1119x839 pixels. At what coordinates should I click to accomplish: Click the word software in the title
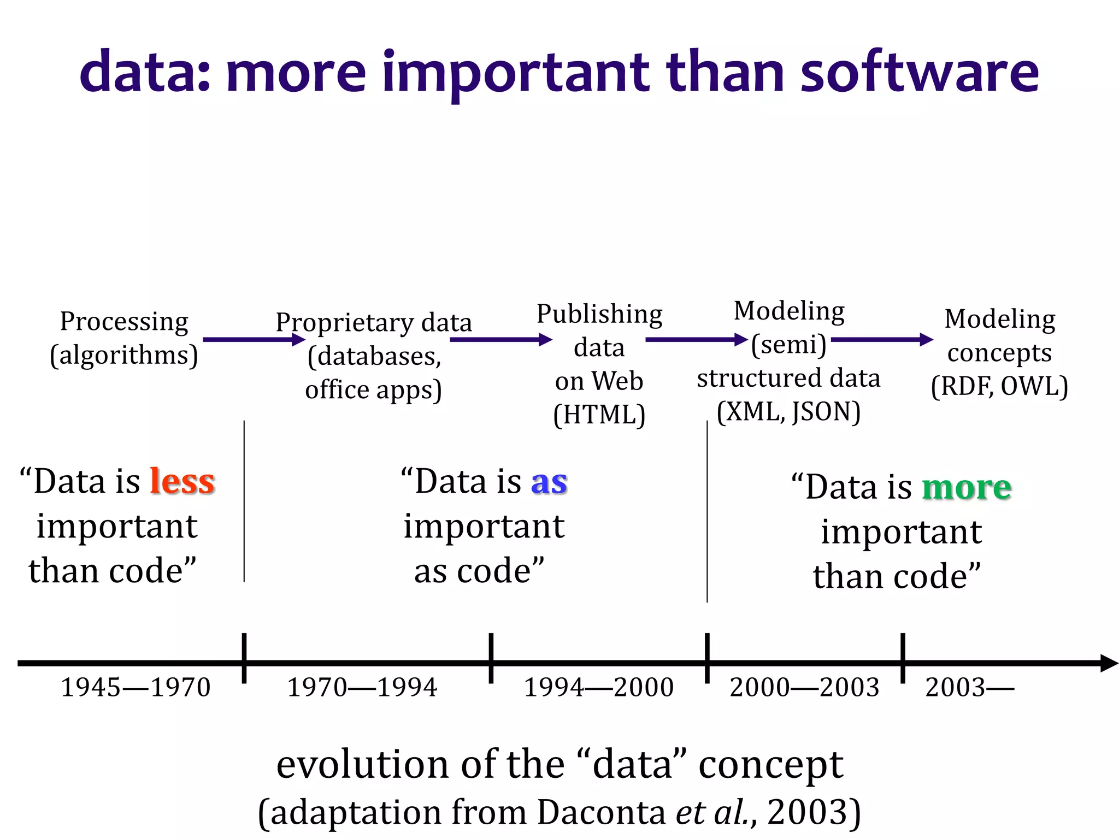(919, 72)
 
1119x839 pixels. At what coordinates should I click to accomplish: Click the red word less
(182, 482)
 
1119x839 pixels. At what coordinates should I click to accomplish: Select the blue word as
(549, 482)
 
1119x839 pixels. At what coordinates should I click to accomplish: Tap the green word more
(967, 487)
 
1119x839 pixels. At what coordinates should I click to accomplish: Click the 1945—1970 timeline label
(136, 687)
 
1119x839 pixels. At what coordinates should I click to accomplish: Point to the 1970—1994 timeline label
(362, 687)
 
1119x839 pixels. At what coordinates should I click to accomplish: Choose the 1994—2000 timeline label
(599, 687)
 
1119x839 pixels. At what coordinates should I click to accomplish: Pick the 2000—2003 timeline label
(804, 687)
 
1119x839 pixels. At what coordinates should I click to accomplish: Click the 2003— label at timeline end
(969, 687)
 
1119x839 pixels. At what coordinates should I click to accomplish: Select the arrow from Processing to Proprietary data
(254, 340)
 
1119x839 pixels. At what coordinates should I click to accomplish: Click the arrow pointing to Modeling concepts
(881, 340)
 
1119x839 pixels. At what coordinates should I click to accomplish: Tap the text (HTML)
(599, 415)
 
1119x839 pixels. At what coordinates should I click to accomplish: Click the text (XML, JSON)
(788, 412)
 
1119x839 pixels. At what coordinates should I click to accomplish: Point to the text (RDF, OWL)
(999, 387)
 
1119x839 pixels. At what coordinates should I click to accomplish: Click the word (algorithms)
(124, 355)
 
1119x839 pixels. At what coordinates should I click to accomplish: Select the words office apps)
(373, 390)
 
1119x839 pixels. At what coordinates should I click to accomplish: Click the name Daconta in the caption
(600, 812)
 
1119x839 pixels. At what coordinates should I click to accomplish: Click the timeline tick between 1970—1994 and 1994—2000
(491, 658)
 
